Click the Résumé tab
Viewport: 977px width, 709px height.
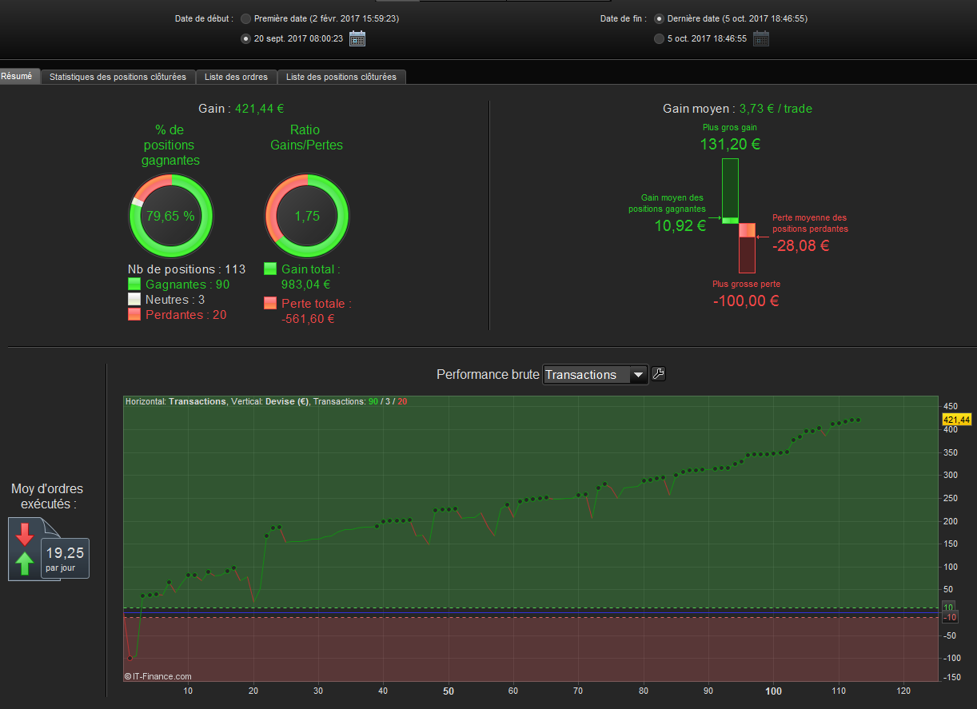coord(17,77)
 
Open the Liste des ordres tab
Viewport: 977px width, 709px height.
coord(236,77)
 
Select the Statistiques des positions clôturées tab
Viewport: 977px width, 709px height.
coord(118,77)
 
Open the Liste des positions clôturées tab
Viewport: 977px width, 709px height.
coord(341,77)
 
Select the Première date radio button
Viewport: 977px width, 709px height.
coord(245,18)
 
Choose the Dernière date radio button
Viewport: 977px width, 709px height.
coord(659,18)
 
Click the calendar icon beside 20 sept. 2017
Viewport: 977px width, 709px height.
coord(357,38)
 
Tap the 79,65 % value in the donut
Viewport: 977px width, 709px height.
coord(170,216)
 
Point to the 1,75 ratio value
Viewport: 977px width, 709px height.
coord(306,216)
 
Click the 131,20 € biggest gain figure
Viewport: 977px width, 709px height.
coord(729,145)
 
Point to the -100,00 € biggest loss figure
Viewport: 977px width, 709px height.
coord(746,301)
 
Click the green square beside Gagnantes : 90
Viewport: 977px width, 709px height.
coord(134,285)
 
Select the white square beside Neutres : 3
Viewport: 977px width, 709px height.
coord(134,300)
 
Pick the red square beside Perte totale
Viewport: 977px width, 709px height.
coord(270,304)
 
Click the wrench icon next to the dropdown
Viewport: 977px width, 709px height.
coord(659,373)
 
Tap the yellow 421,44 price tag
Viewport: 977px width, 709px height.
coord(956,420)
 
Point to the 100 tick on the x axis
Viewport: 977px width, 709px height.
coord(773,691)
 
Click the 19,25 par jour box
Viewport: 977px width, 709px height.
coord(65,557)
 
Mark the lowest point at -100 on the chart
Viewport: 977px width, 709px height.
coord(130,658)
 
